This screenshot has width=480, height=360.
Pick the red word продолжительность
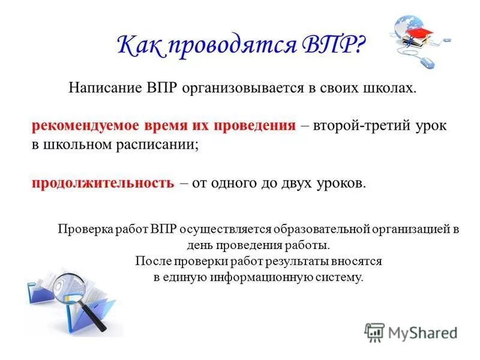[x=102, y=183]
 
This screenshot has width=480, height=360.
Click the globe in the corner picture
[x=407, y=27]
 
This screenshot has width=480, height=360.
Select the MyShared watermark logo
[x=410, y=332]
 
